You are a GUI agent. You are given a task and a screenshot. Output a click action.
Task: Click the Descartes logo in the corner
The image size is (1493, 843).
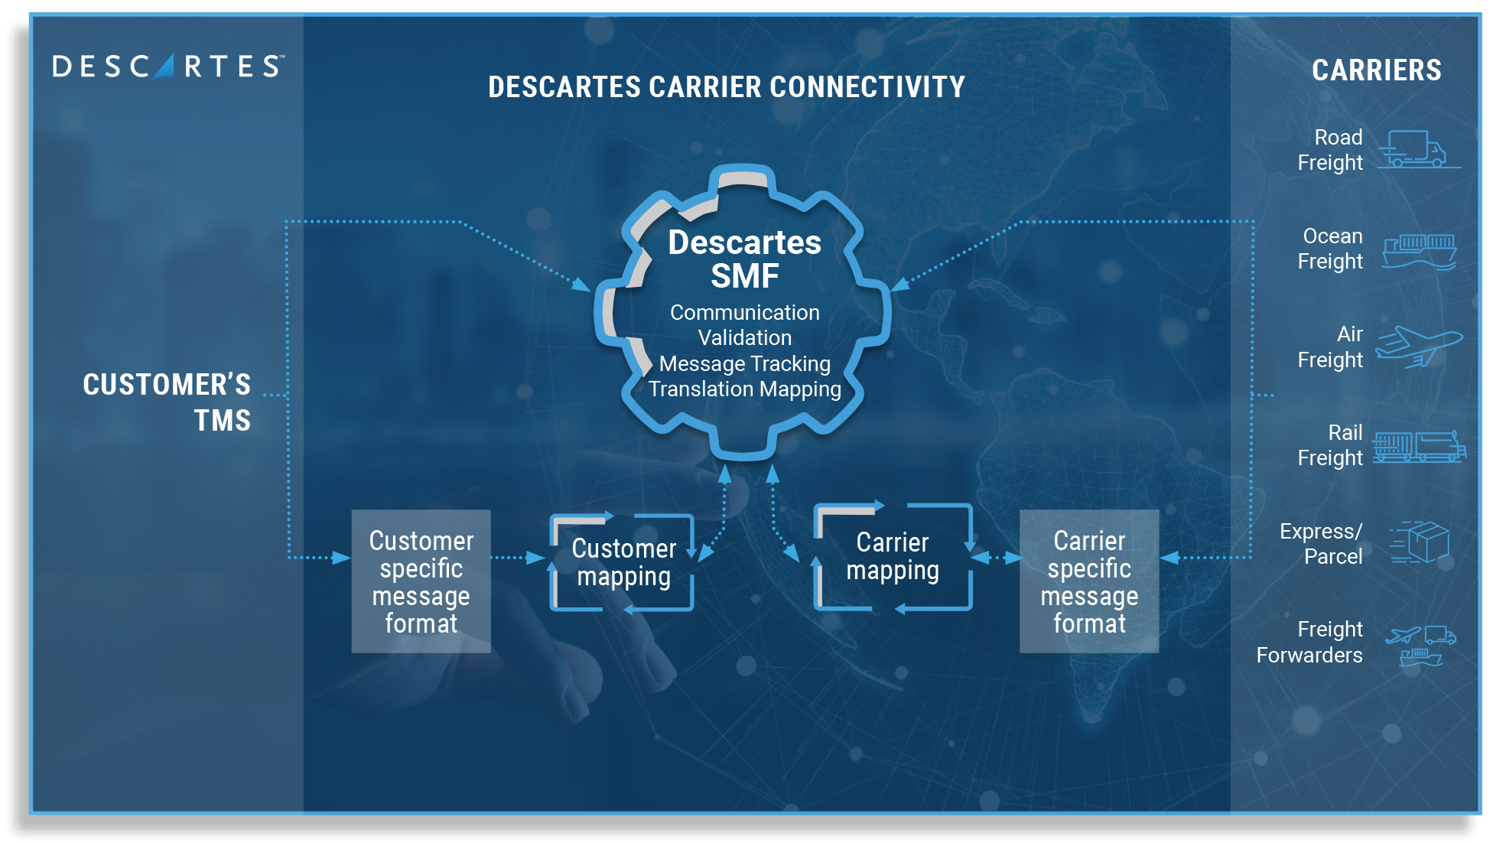168,67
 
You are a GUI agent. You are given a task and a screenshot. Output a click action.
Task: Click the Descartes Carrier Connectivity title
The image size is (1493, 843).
726,87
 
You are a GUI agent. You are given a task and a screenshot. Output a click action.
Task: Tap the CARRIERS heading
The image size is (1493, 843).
1376,70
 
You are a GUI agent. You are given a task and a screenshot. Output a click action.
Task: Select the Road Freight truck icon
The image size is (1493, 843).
1419,149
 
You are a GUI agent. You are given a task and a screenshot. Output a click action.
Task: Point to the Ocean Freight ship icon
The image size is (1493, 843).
1419,251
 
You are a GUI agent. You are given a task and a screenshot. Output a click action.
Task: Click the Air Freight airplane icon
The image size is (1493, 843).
1419,347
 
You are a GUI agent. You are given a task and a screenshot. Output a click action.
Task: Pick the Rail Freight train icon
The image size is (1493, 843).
1419,447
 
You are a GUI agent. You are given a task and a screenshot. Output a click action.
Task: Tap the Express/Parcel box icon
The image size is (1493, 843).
1421,542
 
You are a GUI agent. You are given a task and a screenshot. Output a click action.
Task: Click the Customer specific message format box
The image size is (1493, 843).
421,581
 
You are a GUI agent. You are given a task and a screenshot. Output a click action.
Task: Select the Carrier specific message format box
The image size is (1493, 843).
1089,581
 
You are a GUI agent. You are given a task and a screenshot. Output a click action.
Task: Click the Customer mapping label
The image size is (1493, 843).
623,562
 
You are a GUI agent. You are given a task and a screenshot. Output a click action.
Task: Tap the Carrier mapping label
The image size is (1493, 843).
893,557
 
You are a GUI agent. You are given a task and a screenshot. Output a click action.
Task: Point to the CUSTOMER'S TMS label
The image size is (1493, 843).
167,402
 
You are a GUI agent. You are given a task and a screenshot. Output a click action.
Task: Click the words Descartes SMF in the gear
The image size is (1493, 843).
744,259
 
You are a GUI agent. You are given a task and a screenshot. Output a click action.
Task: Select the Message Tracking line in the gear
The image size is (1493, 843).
744,363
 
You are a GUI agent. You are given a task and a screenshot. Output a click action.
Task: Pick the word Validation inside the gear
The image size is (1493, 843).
744,337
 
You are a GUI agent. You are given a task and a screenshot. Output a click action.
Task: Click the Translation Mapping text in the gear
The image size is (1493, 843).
744,389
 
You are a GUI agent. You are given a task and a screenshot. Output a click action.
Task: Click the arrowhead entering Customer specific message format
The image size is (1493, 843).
341,558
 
